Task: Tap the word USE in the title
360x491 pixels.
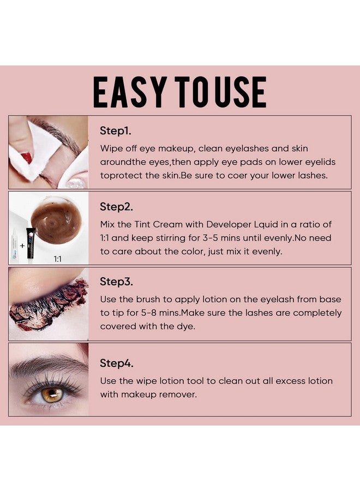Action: (241, 92)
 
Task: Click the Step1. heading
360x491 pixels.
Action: (116, 131)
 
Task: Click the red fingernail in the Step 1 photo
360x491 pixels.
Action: (26, 158)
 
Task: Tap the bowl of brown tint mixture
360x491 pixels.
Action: (56, 221)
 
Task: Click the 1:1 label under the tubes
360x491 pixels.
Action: (57, 259)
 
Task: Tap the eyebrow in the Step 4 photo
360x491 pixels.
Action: (44, 364)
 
